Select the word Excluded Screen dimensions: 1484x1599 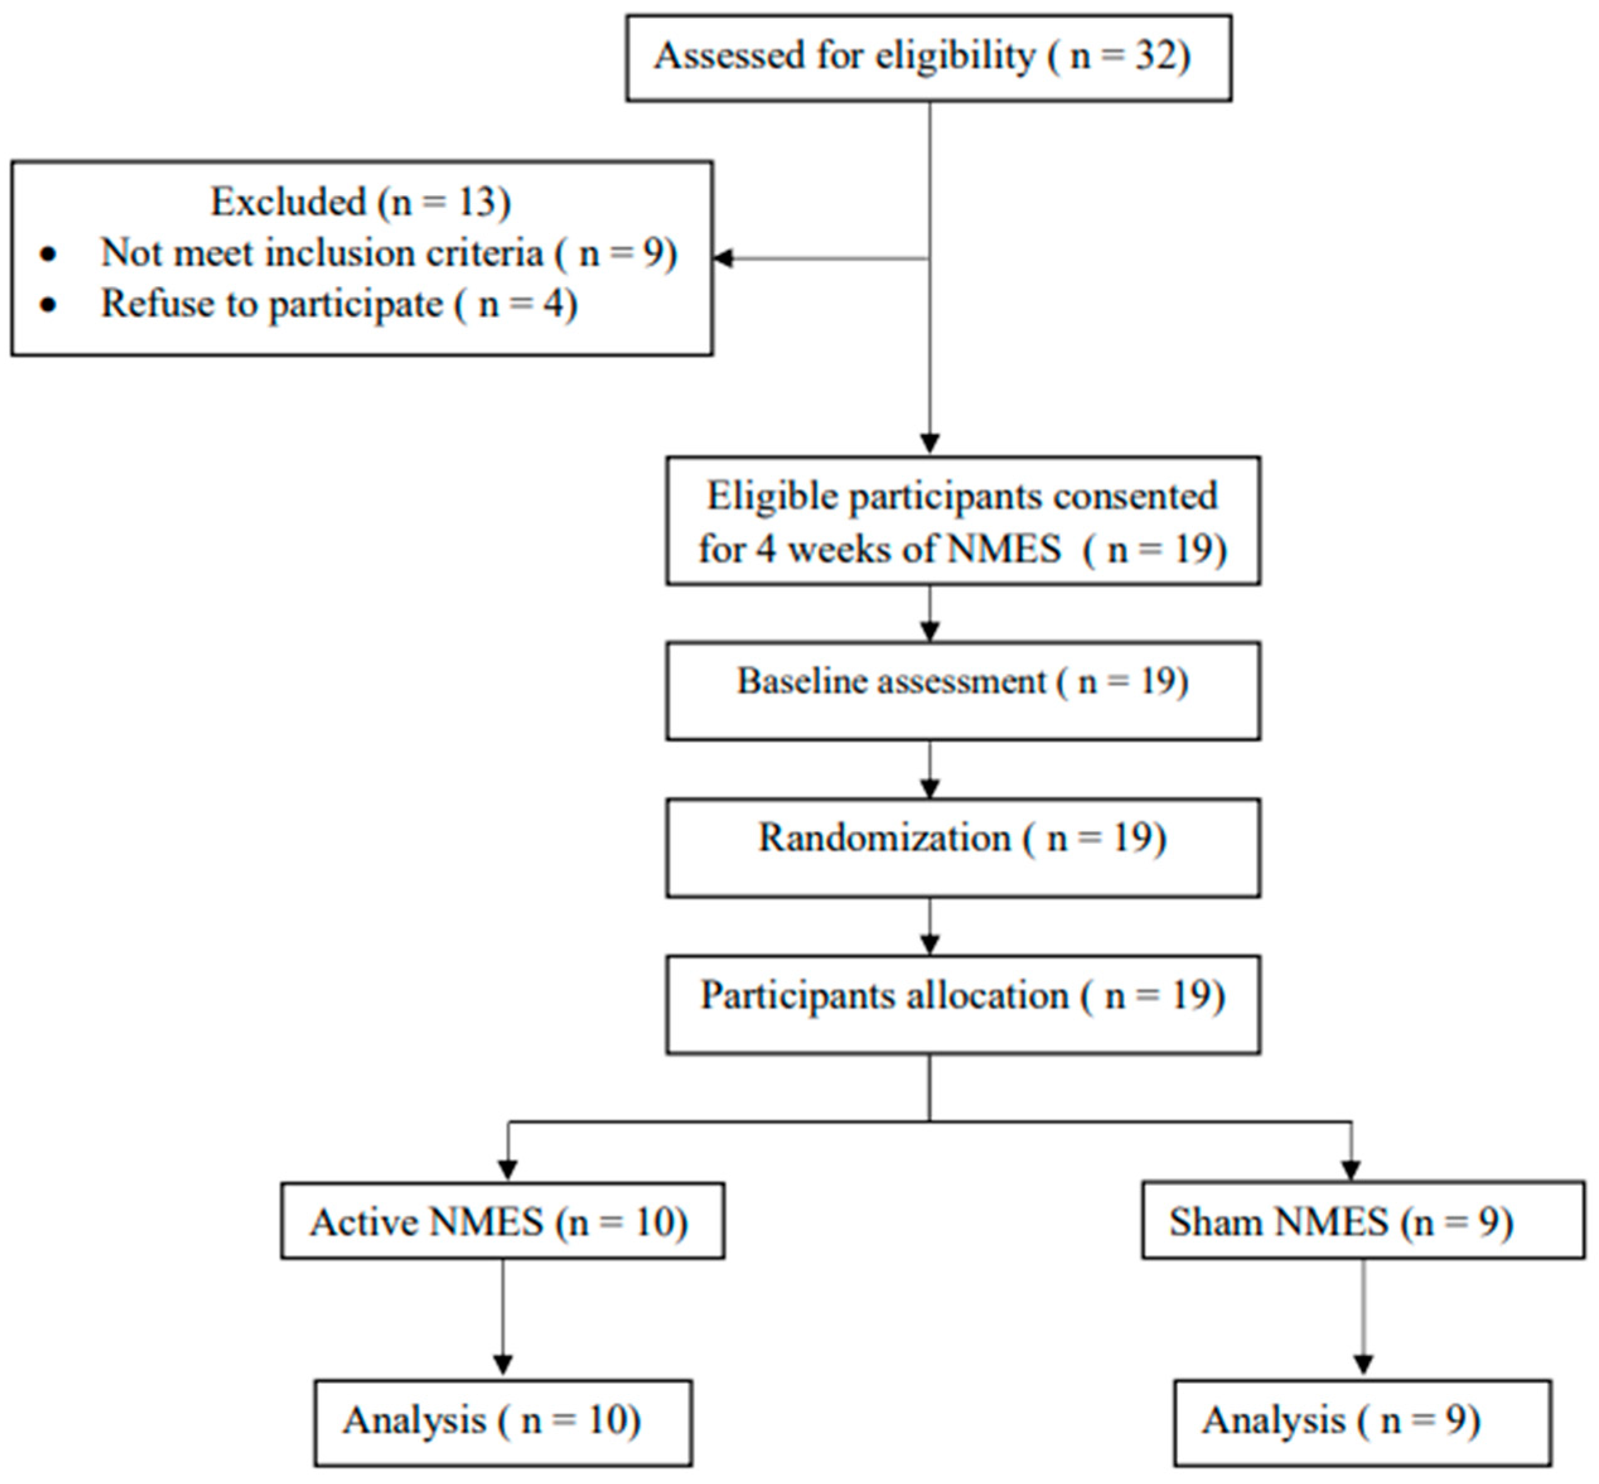287,202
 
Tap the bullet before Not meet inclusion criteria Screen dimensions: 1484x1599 49,254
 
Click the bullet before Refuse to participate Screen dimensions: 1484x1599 49,304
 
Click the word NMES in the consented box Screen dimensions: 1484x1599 1004,549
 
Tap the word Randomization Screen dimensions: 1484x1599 884,838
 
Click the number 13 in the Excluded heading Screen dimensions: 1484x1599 476,202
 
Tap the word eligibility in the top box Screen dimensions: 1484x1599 955,56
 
